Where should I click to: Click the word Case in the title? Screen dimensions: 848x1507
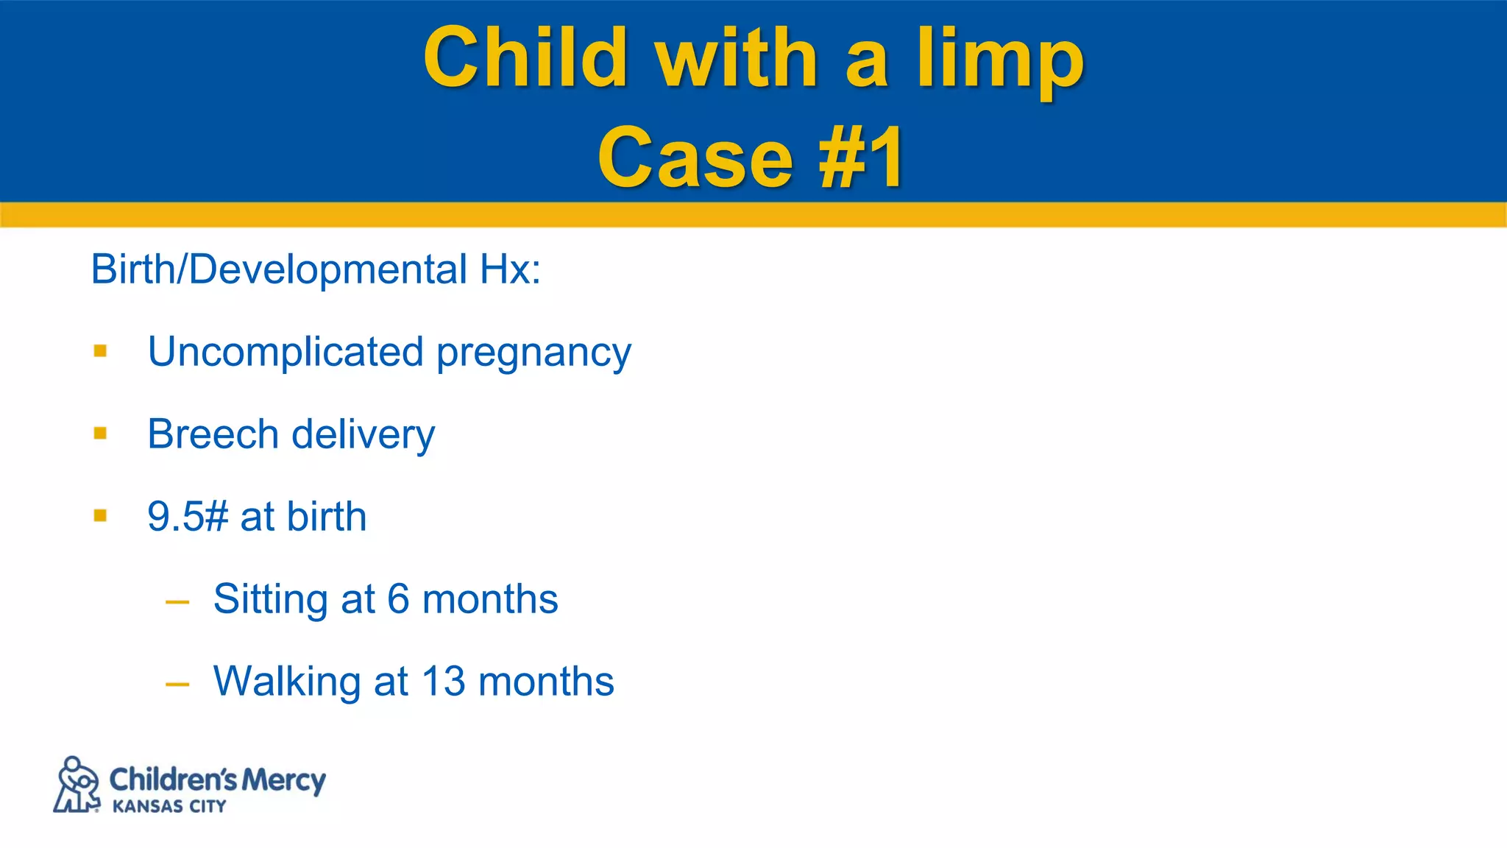click(695, 158)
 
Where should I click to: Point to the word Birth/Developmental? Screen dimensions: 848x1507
click(279, 269)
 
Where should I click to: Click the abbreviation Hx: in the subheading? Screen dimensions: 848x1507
click(510, 269)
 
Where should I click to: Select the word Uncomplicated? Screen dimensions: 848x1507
click(286, 352)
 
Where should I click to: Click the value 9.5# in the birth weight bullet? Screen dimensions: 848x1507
click(188, 516)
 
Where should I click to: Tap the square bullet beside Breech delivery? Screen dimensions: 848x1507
click(101, 434)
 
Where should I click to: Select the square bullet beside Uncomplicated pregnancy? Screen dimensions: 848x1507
click(101, 351)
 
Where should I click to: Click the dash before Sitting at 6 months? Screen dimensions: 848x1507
click(177, 602)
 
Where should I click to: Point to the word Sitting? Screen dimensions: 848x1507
click(270, 600)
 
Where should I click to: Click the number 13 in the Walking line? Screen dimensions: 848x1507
click(443, 681)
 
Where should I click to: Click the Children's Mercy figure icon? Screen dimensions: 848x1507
click(77, 785)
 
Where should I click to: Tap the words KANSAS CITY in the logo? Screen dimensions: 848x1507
click(169, 807)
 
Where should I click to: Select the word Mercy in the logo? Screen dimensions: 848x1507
click(283, 780)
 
